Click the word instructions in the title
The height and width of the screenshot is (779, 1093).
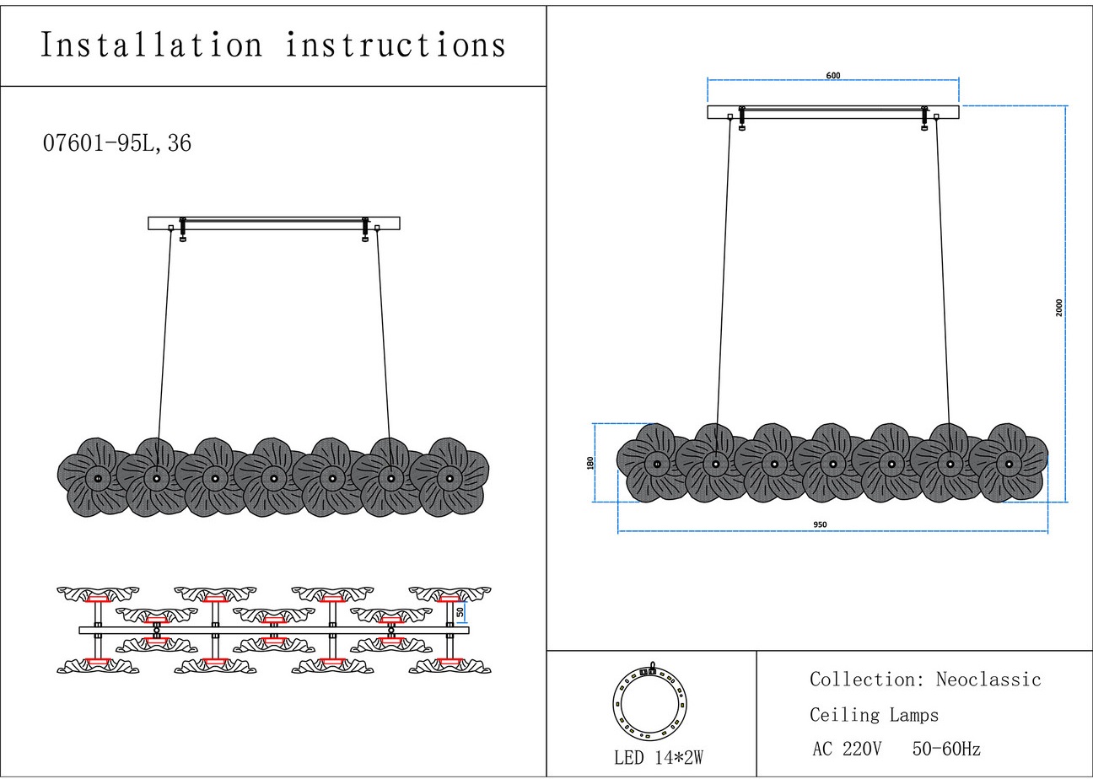click(396, 45)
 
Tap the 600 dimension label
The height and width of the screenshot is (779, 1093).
click(833, 76)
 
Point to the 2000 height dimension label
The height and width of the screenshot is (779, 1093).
click(1059, 307)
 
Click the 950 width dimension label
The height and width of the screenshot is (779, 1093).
click(820, 524)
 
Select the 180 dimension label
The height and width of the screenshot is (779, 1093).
click(590, 462)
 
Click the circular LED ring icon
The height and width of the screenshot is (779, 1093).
click(649, 700)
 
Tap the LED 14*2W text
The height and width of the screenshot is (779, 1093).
click(658, 757)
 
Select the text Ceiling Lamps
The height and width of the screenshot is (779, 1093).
click(874, 716)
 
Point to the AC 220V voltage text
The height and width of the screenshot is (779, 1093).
click(847, 749)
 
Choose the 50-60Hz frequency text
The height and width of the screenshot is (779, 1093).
click(946, 749)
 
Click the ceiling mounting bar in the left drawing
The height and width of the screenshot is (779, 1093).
click(274, 223)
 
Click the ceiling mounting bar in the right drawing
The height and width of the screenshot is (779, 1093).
click(833, 112)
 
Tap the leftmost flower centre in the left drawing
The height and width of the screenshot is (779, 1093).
click(98, 479)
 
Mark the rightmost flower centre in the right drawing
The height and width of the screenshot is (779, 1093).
click(1009, 464)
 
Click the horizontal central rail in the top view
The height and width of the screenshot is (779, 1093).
click(274, 630)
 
